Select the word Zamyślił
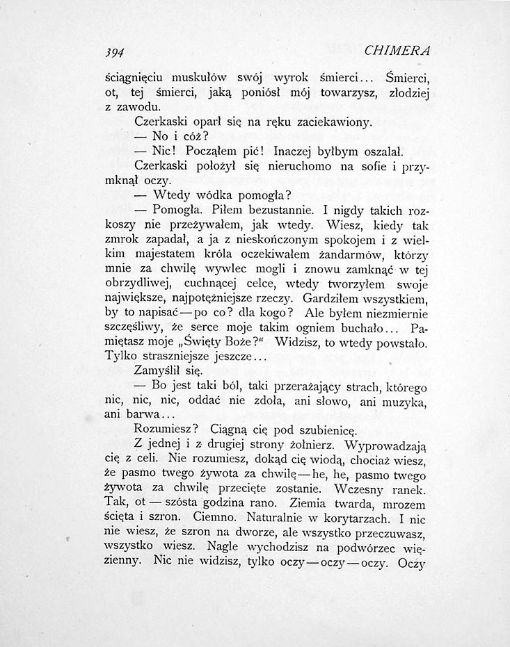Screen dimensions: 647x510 coord(157,370)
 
